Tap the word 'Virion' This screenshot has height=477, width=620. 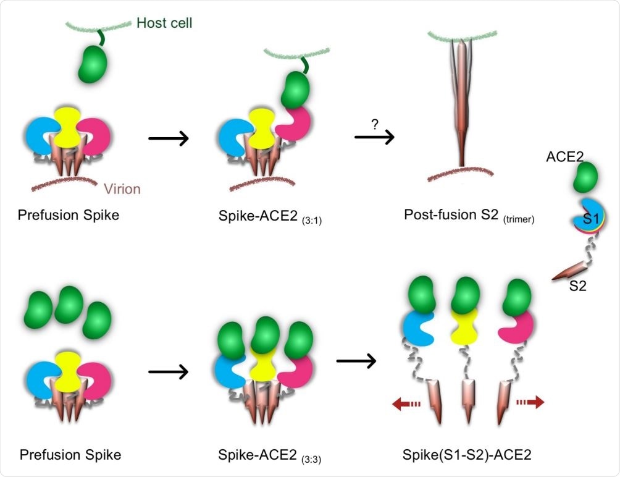tap(122, 188)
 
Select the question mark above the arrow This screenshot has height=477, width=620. tap(374, 124)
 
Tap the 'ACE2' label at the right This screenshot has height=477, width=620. tap(566, 156)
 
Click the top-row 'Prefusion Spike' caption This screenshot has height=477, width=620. tap(69, 215)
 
